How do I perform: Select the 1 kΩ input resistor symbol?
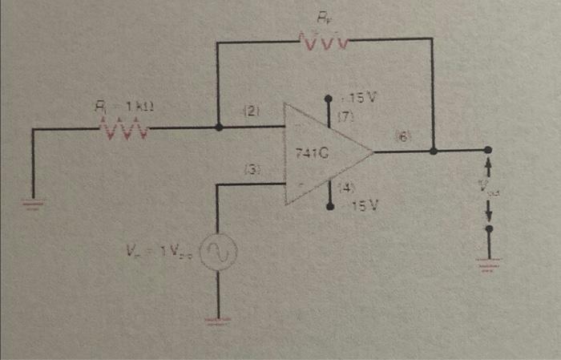point(122,127)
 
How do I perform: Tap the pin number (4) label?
point(347,188)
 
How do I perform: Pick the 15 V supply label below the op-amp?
point(363,206)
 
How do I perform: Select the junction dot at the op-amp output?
point(433,150)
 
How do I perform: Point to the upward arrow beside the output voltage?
point(490,169)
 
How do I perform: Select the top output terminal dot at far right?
point(490,150)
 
